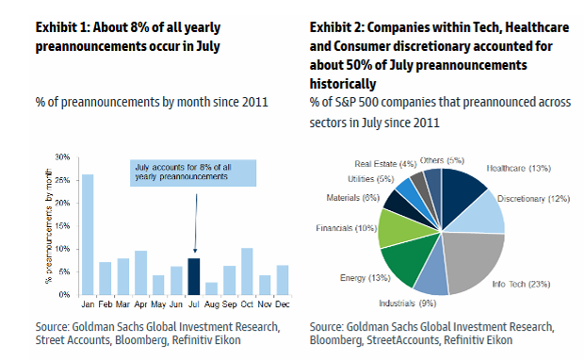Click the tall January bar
tap(88, 235)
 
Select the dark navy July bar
tap(194, 276)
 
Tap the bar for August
tap(211, 288)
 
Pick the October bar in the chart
tap(247, 271)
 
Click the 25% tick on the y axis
tap(62, 180)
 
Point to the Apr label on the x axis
tap(140, 304)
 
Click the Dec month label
tap(283, 304)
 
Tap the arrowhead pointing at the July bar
tap(195, 251)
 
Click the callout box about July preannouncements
tap(193, 172)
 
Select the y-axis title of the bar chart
tap(49, 226)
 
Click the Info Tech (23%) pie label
tap(521, 284)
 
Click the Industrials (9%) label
tap(408, 303)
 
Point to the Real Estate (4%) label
tap(385, 164)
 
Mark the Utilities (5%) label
tap(370, 179)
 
